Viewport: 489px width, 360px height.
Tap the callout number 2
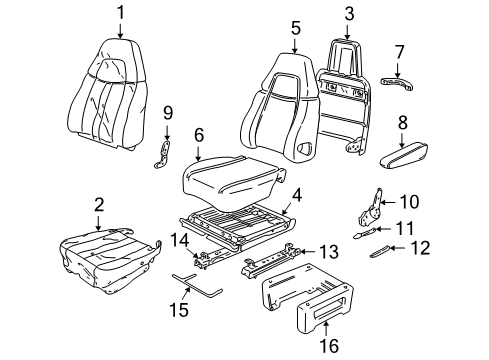pyautogui.click(x=98, y=204)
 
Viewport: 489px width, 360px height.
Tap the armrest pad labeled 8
pyautogui.click(x=407, y=154)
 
